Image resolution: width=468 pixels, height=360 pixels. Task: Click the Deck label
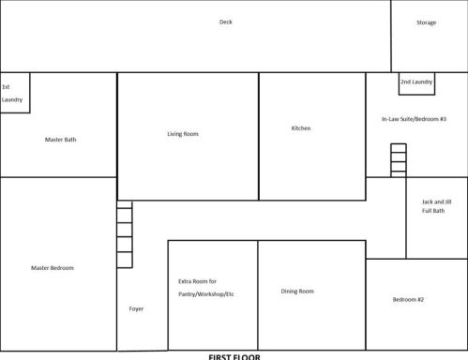click(225, 22)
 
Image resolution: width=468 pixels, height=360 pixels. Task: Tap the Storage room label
click(426, 22)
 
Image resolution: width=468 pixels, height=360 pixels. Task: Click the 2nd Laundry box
click(416, 82)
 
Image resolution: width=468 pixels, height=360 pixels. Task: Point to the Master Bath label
click(60, 140)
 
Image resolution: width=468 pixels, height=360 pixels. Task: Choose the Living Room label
click(183, 134)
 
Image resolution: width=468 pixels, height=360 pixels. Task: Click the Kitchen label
click(301, 128)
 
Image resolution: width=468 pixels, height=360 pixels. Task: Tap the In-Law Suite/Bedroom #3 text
click(414, 119)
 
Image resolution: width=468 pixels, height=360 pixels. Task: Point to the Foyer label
click(137, 308)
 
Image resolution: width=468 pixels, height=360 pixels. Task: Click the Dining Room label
click(297, 291)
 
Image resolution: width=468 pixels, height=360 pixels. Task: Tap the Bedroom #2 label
click(408, 299)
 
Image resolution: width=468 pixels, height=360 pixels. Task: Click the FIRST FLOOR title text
click(234, 356)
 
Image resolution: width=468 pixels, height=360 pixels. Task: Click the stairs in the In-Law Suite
click(399, 159)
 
